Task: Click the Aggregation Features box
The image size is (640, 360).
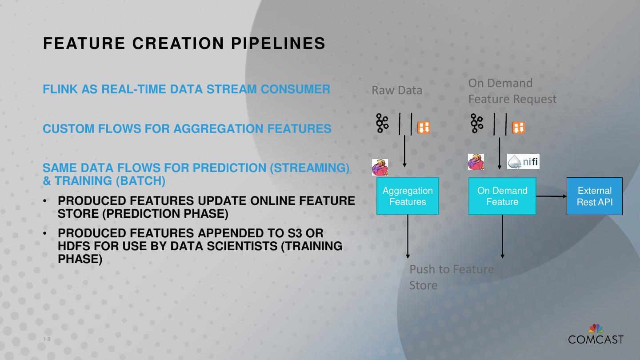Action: (x=408, y=196)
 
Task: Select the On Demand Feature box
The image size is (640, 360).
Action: (x=502, y=196)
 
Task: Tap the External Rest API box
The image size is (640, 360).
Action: (x=594, y=196)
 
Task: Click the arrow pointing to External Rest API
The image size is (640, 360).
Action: (x=552, y=196)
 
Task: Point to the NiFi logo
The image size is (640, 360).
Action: (x=524, y=161)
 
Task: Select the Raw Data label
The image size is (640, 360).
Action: (x=397, y=90)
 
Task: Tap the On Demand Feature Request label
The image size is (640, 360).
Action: (x=512, y=91)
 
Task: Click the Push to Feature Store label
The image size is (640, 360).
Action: (x=451, y=277)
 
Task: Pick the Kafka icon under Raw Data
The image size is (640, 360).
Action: (x=382, y=123)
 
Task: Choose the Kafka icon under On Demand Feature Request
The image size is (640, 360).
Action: (x=477, y=123)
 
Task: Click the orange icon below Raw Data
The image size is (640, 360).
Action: (x=424, y=128)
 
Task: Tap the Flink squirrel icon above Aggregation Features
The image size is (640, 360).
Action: (x=380, y=167)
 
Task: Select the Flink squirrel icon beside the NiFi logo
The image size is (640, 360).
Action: (x=476, y=162)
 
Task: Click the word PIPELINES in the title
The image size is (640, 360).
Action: (x=279, y=44)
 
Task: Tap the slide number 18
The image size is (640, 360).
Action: (x=47, y=340)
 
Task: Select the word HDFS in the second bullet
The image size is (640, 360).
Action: (x=74, y=246)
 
